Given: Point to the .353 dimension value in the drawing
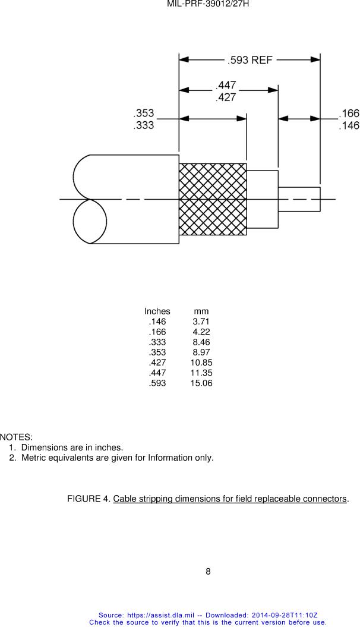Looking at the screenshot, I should (x=143, y=113).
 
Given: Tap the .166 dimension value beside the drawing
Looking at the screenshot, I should (x=349, y=113).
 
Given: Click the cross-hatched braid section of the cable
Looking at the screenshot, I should (x=213, y=199).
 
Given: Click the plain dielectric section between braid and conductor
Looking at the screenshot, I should (x=263, y=199).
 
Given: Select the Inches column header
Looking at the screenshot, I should (x=157, y=311).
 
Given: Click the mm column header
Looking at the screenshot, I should (x=201, y=311).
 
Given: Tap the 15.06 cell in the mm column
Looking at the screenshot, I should (x=201, y=383).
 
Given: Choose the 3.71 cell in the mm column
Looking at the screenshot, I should (x=201, y=322).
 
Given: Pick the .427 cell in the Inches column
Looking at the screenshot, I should (x=157, y=363).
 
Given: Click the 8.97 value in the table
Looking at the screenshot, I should (x=201, y=352).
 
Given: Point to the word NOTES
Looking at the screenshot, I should (x=20, y=437).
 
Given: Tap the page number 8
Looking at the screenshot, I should (x=208, y=572).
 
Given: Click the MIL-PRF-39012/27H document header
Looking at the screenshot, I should (x=207, y=4).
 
